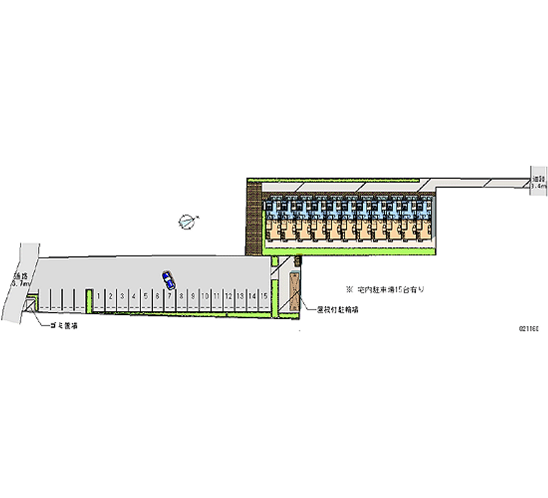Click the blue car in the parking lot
168,279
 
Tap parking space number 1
99,297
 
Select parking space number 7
169,297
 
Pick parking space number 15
262,297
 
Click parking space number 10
203,297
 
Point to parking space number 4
134,297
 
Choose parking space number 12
227,297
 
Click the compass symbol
186,221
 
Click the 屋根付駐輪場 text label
339,310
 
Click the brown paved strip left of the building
255,219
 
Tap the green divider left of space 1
88,300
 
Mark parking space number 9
192,297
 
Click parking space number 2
111,297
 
